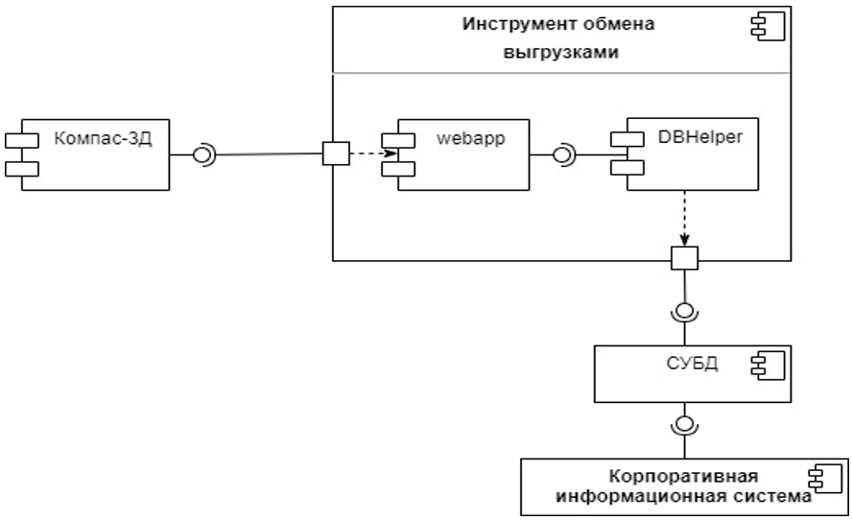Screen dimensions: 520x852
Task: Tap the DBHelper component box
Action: (692, 153)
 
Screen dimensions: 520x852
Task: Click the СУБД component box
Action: (690, 373)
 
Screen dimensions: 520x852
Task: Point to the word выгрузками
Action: (561, 52)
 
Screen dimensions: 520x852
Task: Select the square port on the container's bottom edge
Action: (684, 258)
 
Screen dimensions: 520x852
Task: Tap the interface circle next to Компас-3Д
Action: (203, 154)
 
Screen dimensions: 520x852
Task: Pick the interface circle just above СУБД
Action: (684, 311)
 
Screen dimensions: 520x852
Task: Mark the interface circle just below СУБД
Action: (684, 424)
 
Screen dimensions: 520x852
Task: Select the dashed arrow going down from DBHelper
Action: (684, 218)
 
